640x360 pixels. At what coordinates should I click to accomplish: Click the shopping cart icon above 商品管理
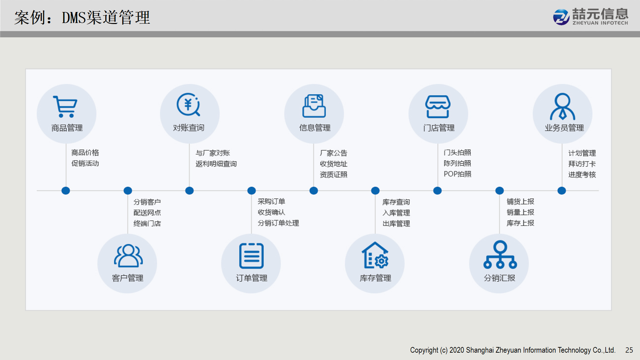[65, 107]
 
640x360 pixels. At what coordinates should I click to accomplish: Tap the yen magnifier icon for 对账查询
[188, 104]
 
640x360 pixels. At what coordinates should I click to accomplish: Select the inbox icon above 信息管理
[314, 106]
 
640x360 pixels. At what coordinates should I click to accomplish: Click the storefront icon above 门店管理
[438, 107]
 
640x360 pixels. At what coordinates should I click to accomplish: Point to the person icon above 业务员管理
[562, 106]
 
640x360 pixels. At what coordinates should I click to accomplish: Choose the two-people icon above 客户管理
[128, 256]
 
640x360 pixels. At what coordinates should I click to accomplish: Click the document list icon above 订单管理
[251, 256]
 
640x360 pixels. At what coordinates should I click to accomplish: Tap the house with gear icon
[375, 255]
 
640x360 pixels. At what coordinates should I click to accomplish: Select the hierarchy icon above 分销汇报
[500, 255]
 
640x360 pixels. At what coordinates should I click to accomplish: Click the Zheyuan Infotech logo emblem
[561, 17]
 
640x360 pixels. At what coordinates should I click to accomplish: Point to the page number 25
[629, 350]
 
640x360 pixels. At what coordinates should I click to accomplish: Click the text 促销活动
[85, 163]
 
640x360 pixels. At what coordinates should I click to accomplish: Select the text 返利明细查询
[216, 164]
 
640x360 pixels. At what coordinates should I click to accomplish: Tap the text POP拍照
[457, 174]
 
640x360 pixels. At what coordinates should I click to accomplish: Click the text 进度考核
[582, 175]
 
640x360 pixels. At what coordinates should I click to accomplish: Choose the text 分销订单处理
[278, 223]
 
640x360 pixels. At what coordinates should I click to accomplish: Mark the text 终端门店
[147, 223]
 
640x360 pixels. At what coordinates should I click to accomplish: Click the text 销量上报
[520, 212]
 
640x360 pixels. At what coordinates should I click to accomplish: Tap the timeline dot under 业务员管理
[562, 191]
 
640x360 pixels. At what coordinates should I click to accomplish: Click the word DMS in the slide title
[74, 18]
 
